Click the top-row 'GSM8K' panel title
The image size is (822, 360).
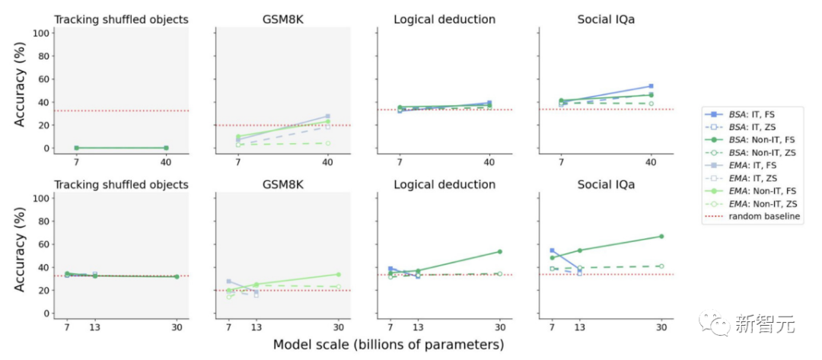[282, 19]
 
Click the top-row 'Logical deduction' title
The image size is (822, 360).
[444, 19]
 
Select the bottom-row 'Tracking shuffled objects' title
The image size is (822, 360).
[120, 184]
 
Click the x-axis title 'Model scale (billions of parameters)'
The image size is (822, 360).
[388, 345]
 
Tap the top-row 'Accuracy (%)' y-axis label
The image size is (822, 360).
[20, 91]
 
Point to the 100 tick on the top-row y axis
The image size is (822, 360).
[42, 33]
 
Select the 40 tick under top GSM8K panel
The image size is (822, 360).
[328, 161]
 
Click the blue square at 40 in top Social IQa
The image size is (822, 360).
[651, 86]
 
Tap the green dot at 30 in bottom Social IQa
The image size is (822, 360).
[661, 236]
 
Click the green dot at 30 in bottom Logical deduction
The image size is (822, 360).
[500, 251]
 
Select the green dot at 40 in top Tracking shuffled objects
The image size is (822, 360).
[166, 148]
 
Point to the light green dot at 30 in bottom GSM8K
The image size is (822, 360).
[338, 274]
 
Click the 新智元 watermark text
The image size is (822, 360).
[764, 325]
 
